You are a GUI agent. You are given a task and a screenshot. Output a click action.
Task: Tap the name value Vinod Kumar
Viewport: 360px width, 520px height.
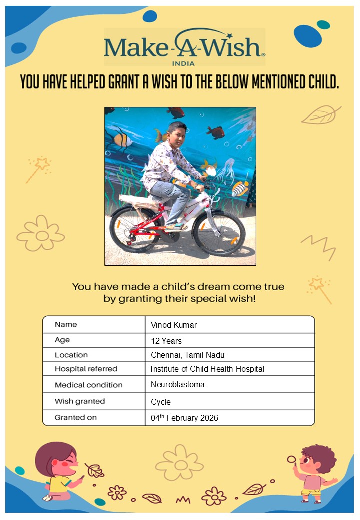[174, 325]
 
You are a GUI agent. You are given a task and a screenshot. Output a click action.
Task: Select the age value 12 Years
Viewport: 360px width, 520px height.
[166, 341]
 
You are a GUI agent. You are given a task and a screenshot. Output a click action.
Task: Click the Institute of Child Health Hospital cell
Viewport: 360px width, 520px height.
[207, 369]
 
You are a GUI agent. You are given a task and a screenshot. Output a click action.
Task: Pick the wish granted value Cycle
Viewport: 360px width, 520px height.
[161, 402]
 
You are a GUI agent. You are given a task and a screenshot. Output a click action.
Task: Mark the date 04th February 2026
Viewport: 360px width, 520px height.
[184, 418]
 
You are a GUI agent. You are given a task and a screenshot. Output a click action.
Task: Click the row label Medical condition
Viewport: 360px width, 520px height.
[88, 385]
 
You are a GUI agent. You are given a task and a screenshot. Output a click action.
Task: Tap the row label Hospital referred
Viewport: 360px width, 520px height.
[86, 369]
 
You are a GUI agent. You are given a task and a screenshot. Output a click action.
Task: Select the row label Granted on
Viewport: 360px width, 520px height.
[76, 417]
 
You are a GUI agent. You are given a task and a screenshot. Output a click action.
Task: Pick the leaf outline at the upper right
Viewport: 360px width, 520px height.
[320, 115]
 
